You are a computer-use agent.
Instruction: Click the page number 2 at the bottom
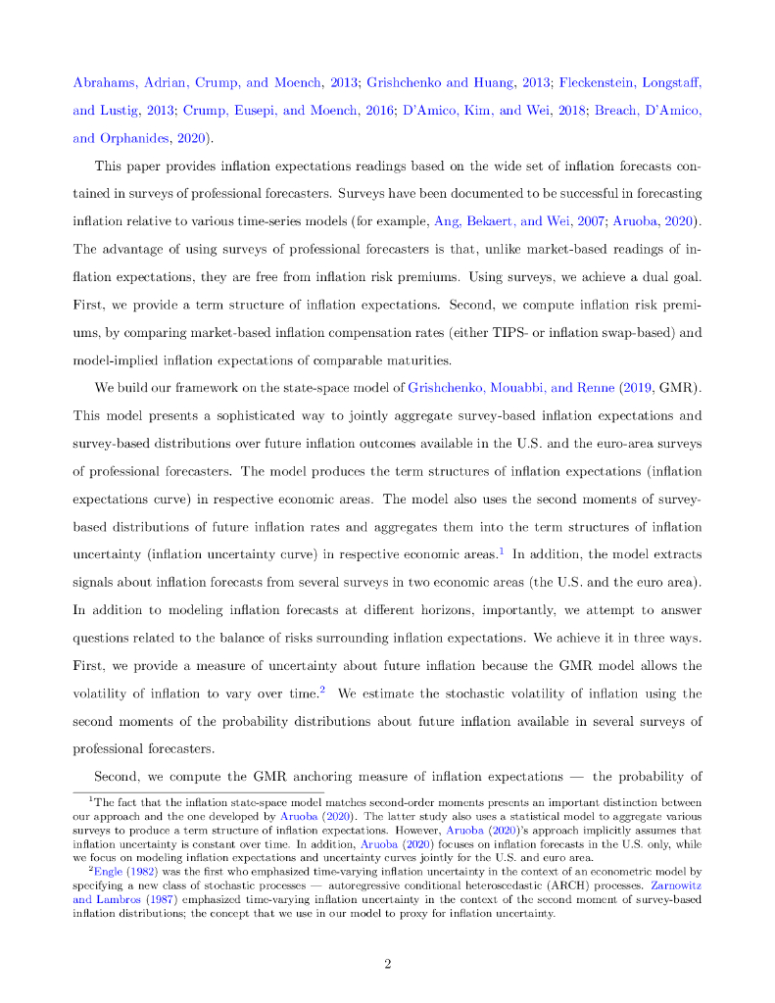tap(387, 936)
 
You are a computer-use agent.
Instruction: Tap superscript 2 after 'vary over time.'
tap(322, 691)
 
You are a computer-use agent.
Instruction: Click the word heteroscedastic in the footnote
tap(437, 884)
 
